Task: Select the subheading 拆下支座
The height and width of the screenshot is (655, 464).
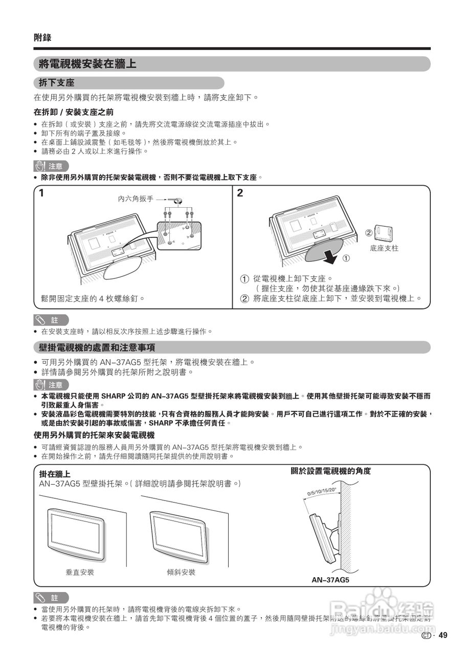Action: [x=57, y=83]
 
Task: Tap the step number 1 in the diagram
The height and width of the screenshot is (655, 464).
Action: [x=41, y=193]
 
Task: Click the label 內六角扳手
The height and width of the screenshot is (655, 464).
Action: [x=136, y=199]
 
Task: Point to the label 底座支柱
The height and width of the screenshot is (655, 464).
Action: [x=384, y=248]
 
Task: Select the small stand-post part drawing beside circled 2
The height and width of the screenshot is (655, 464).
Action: [x=383, y=232]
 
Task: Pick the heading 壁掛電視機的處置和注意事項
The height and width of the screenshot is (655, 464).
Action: [x=97, y=348]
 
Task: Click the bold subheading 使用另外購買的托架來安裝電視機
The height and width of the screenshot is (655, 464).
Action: [x=94, y=435]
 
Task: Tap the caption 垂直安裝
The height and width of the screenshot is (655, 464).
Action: [x=80, y=572]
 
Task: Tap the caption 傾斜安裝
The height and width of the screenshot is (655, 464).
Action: [x=181, y=572]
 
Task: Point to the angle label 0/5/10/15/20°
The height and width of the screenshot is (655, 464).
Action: [x=321, y=492]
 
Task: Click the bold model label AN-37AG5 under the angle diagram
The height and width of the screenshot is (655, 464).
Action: [x=330, y=580]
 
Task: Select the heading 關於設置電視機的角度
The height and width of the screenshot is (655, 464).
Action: [x=330, y=471]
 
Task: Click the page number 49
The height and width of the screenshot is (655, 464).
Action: [x=443, y=636]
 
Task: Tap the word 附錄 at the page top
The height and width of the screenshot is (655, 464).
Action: [x=42, y=37]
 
